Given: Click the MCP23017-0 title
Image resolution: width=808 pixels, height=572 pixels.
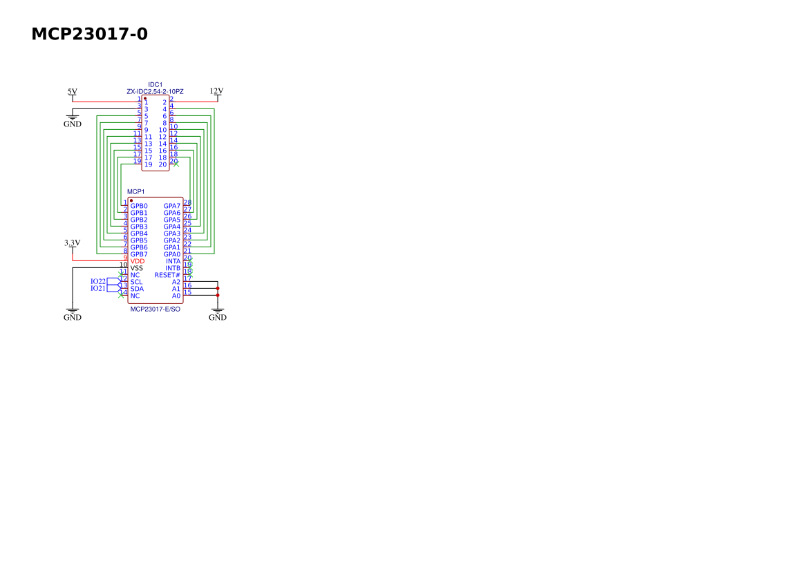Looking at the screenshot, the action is point(90,34).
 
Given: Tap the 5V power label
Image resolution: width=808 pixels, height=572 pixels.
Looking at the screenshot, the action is point(72,92).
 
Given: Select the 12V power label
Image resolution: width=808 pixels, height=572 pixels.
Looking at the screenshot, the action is point(216,91).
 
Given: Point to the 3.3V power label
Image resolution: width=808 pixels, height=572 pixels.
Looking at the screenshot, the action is point(72,243).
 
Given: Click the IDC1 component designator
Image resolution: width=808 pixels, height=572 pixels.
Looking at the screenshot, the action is point(155,85).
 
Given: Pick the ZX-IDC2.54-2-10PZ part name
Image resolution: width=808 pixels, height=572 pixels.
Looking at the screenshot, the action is point(155,92).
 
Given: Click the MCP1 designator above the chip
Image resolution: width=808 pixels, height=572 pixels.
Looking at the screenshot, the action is point(136,191).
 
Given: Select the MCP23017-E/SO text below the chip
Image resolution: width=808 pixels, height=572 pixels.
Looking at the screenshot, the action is point(155,309).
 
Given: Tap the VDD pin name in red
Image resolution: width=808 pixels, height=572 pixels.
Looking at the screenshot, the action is point(138,262).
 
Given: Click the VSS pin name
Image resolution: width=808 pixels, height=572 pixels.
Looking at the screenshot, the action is point(137,268).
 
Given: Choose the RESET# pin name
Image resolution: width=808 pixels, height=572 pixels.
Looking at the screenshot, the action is point(167,276).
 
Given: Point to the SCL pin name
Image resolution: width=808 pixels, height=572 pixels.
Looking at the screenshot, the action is point(137,282).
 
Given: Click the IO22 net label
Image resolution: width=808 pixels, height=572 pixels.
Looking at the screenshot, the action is point(98,282).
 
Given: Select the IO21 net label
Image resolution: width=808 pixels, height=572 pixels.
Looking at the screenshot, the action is point(98,288).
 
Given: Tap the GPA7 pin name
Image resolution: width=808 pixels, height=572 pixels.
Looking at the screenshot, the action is point(172,206).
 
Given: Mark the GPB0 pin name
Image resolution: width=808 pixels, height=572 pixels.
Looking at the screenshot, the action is point(139,206).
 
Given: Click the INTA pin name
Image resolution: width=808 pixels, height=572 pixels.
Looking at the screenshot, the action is point(173,262).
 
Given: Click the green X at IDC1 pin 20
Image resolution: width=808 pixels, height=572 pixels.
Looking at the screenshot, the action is point(176,164).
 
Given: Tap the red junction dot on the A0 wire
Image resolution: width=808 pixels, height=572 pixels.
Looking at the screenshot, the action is point(218,296).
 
